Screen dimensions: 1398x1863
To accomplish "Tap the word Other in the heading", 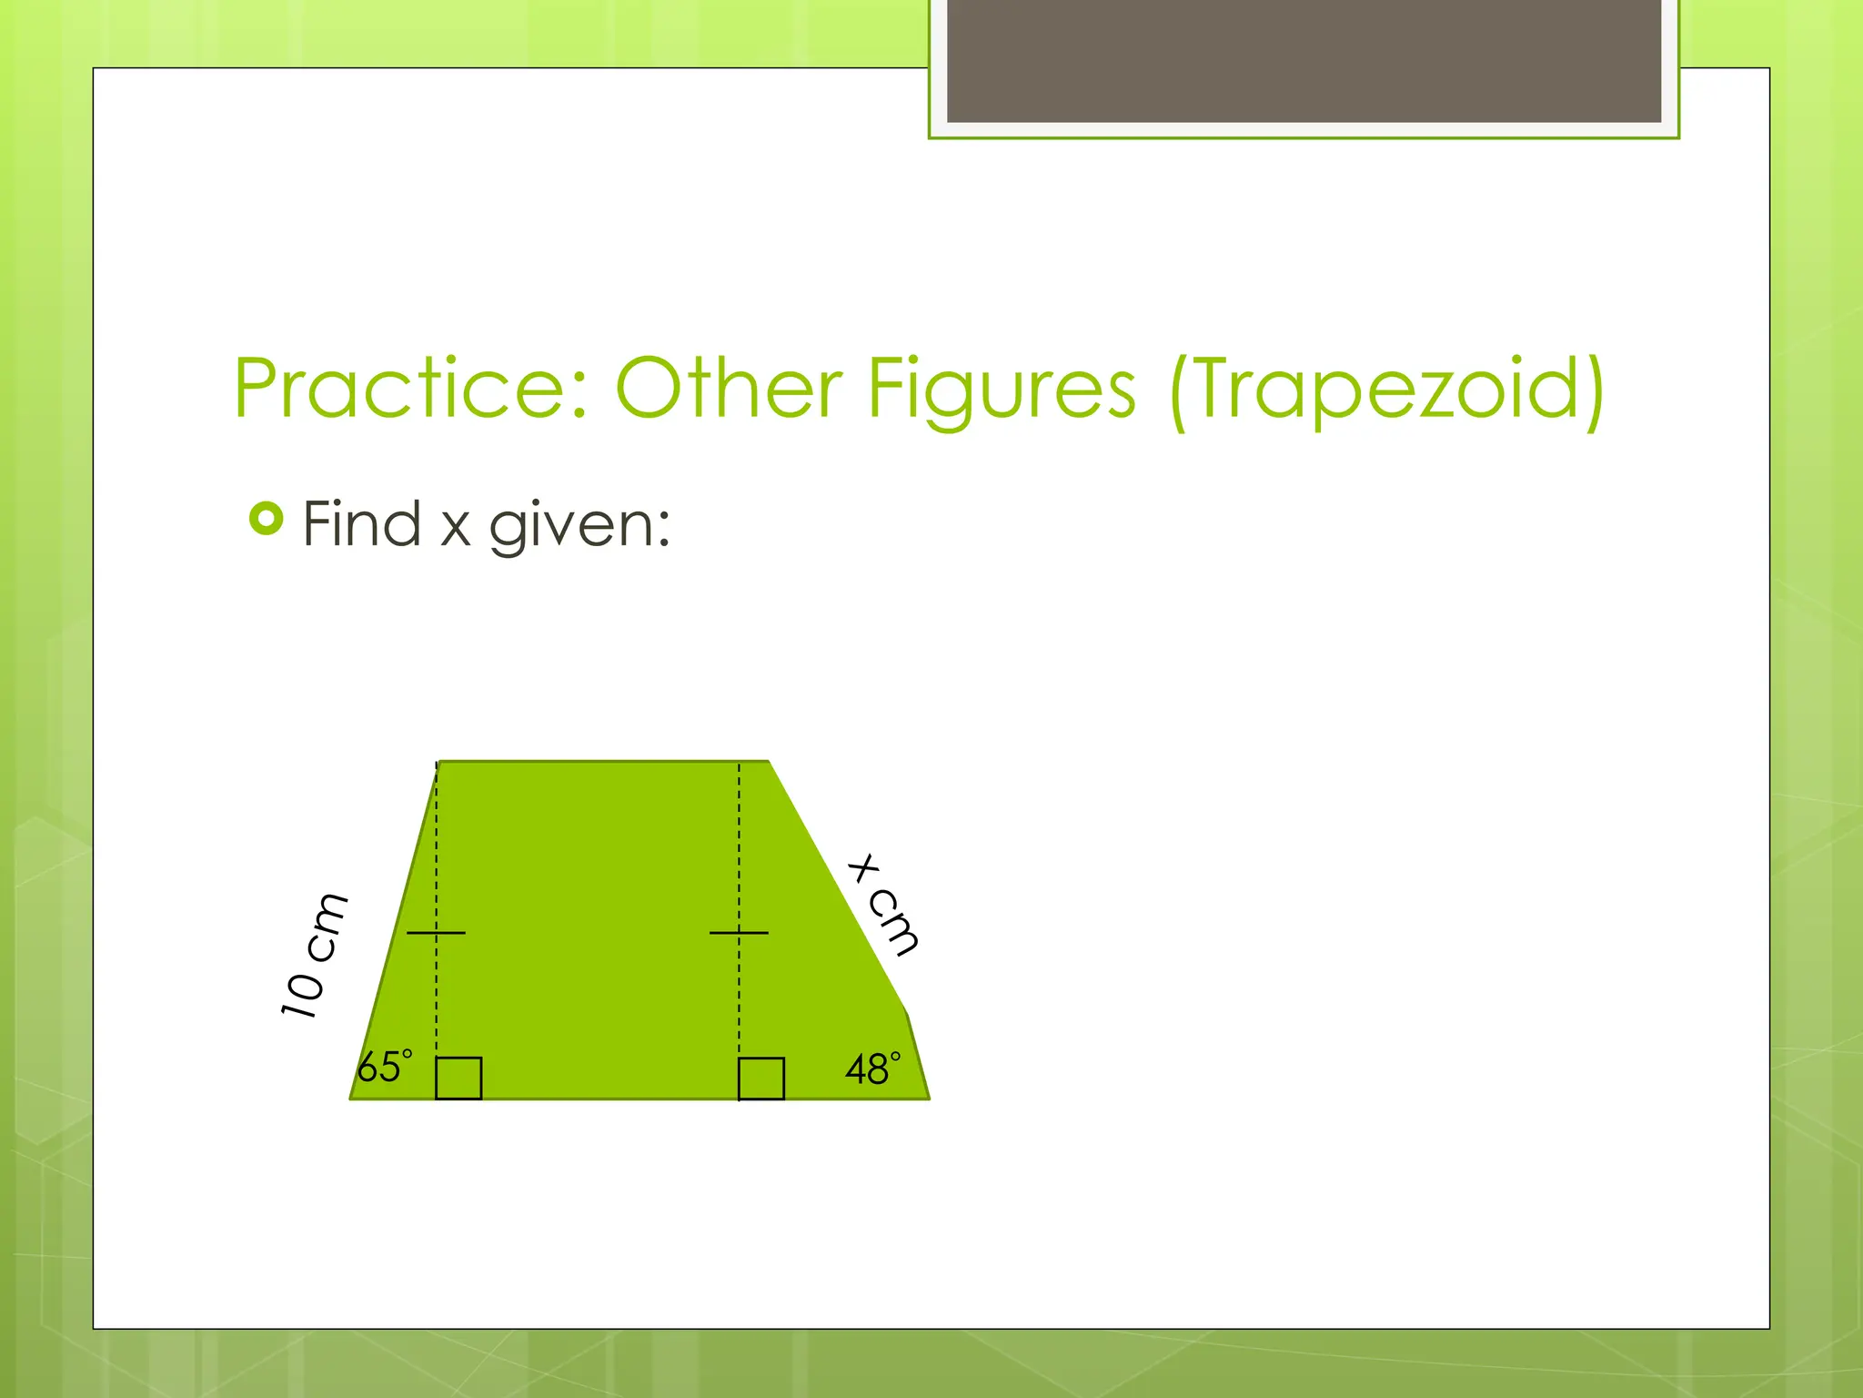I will pyautogui.click(x=728, y=389).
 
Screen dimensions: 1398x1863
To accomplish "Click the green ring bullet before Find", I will pyautogui.click(x=266, y=519).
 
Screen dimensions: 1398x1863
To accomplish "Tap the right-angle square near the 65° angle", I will pyautogui.click(x=458, y=1078).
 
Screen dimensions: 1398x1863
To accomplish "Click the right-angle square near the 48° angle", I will pyautogui.click(x=761, y=1079).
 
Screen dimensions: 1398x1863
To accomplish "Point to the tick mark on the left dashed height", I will pyautogui.click(x=436, y=933).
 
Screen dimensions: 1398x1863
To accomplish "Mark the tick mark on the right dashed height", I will pyautogui.click(x=739, y=933).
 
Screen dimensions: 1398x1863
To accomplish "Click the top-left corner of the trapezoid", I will pyautogui.click(x=438, y=762).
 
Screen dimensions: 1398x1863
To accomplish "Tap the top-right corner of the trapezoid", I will pyautogui.click(x=769, y=762).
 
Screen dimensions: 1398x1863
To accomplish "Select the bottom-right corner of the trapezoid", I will pyautogui.click(x=929, y=1099).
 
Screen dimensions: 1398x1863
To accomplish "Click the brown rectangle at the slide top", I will pyautogui.click(x=1304, y=60).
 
